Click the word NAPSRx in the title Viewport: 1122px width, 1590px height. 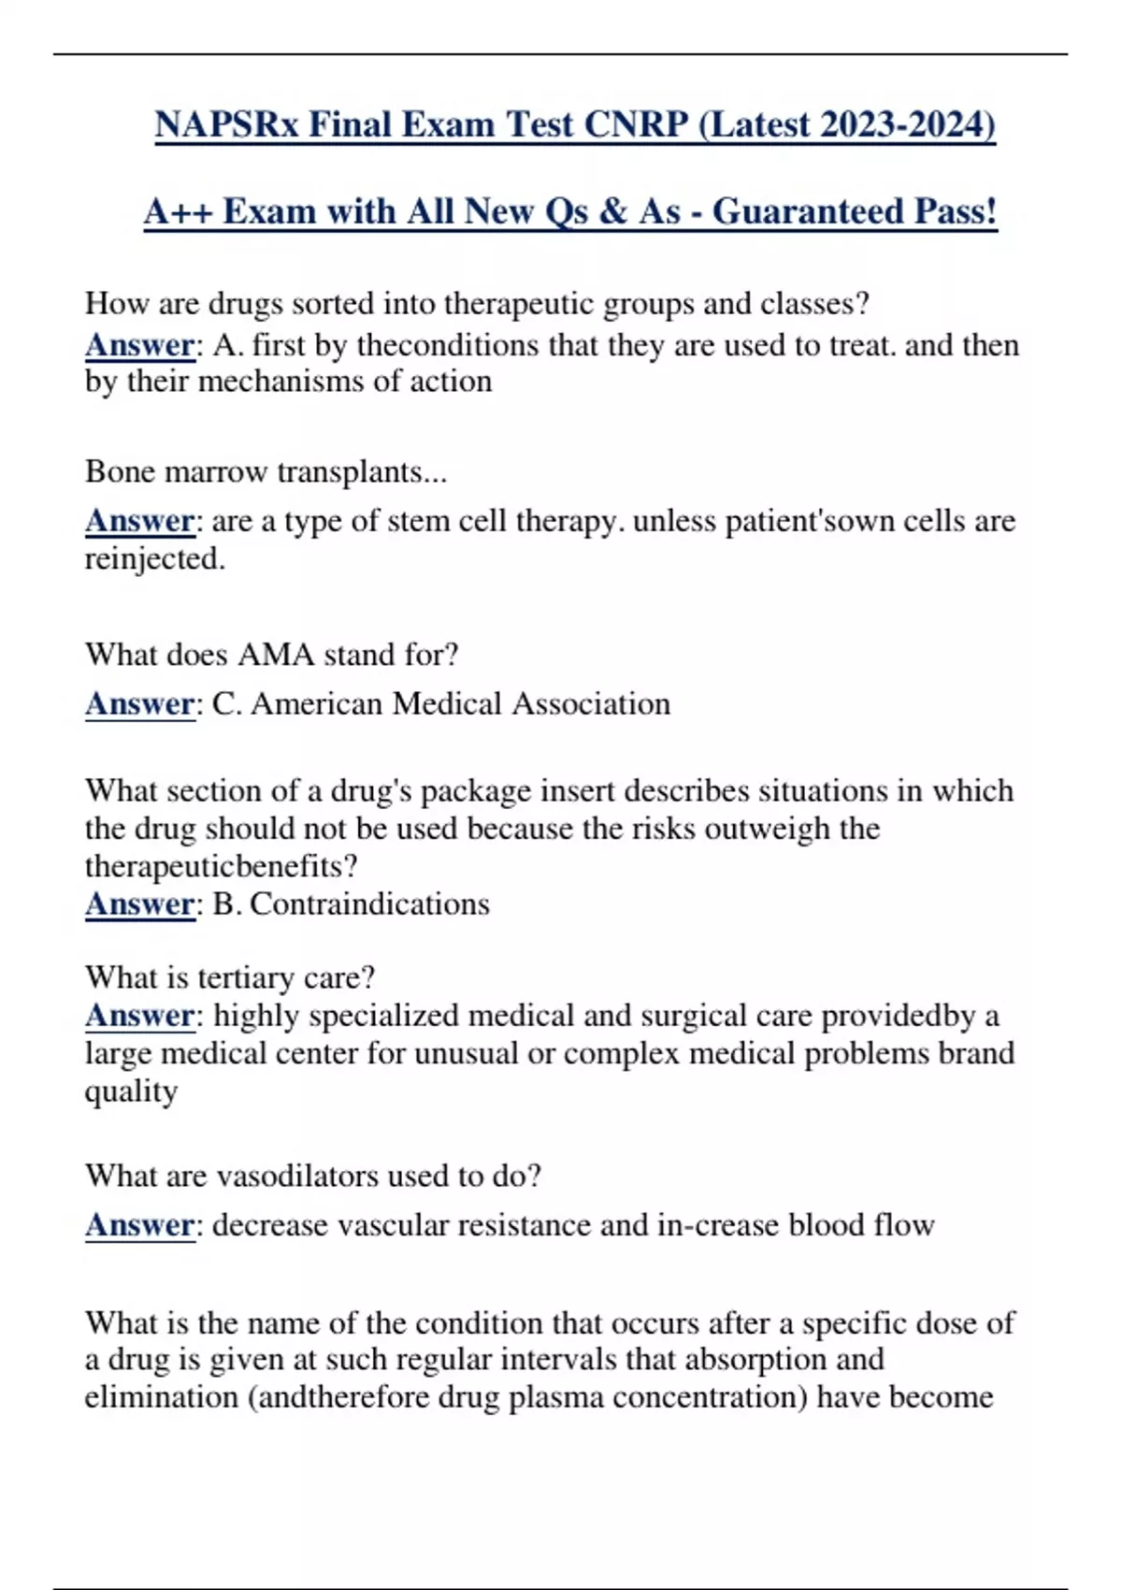[226, 124]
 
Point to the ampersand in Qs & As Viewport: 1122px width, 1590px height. [612, 212]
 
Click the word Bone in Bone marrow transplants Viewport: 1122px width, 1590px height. [120, 471]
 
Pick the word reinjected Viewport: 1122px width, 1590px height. [153, 559]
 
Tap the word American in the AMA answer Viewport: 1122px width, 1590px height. [317, 703]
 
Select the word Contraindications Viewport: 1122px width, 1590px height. [369, 904]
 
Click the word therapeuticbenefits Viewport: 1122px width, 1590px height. [221, 867]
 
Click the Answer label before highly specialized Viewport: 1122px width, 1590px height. [139, 1016]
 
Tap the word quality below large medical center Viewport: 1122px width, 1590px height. [131, 1092]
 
